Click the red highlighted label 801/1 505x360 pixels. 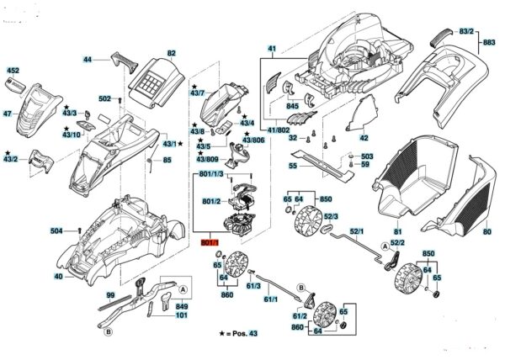[x=209, y=242]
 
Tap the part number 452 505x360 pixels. [x=13, y=71]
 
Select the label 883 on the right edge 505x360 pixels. [x=489, y=42]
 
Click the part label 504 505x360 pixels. [x=56, y=230]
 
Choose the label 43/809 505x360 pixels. [x=207, y=159]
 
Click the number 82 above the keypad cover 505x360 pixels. [x=172, y=53]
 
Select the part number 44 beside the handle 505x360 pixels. [x=87, y=60]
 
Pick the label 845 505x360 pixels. [x=293, y=107]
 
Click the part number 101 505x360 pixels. [x=181, y=316]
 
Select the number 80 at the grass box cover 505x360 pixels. [x=486, y=232]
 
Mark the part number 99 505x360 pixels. [x=109, y=295]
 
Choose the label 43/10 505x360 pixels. [x=72, y=135]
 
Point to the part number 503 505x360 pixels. [x=366, y=157]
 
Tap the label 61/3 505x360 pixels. [x=251, y=286]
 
